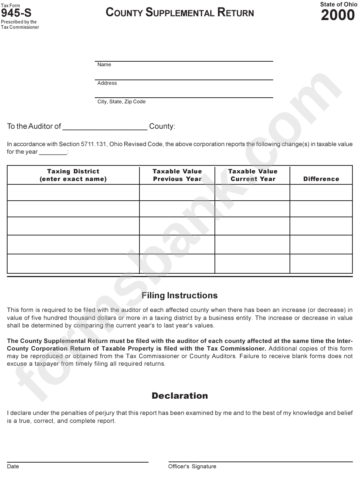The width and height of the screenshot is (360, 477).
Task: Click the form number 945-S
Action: tap(16, 14)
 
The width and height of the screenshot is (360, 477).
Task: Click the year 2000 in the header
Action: tap(338, 16)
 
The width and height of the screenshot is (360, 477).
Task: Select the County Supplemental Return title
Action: tap(180, 13)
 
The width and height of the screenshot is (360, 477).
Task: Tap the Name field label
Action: tap(104, 65)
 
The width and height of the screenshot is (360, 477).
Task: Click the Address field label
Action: tap(107, 83)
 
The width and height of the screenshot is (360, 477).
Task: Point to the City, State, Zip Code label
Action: tap(121, 102)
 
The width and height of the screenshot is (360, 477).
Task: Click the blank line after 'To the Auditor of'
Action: tap(105, 127)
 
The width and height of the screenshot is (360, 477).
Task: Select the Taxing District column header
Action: tap(73, 175)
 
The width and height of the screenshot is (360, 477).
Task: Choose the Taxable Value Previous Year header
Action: tap(177, 175)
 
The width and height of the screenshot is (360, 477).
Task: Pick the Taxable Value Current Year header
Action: tap(253, 175)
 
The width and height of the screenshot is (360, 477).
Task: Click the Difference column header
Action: tap(321, 179)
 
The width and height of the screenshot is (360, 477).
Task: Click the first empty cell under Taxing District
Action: tap(73, 192)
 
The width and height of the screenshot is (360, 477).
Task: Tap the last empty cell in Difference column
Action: tap(321, 263)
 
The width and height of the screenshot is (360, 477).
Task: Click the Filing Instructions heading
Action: tap(180, 296)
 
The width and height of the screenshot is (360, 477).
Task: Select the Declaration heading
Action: tap(180, 396)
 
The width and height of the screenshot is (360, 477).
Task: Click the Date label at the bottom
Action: tap(13, 466)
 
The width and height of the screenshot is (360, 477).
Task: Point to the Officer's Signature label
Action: tap(192, 466)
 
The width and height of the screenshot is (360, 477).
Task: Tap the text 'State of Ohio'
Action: tap(336, 5)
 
